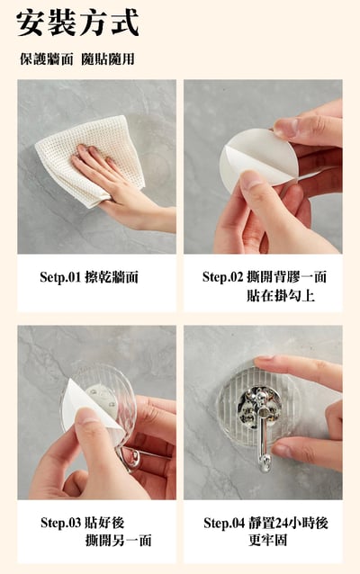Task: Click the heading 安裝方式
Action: [x=77, y=23]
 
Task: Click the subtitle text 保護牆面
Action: [x=47, y=59]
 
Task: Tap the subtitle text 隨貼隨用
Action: [x=108, y=59]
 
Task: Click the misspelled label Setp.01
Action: [x=60, y=277]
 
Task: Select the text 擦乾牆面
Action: [x=112, y=277]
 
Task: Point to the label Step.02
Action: [x=222, y=277]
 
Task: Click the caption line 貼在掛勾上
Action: [x=281, y=295]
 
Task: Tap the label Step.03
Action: [x=61, y=523]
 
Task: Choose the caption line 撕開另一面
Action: [x=118, y=541]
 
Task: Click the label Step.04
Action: [x=224, y=523]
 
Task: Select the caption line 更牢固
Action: [x=267, y=540]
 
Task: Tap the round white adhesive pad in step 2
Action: [x=253, y=161]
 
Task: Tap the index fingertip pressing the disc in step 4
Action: [x=263, y=361]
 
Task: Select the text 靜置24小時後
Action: [x=288, y=523]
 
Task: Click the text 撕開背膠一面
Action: [x=286, y=277]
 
